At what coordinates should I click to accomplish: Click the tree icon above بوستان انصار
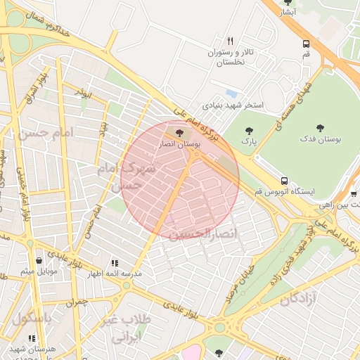[179, 131]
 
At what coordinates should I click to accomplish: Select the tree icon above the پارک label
[247, 130]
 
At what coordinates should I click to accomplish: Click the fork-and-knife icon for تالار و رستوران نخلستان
[230, 40]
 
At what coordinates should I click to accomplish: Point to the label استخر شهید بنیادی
[233, 105]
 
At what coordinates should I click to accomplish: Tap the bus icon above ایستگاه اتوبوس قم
[284, 181]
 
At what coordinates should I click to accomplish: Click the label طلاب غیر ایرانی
[127, 328]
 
